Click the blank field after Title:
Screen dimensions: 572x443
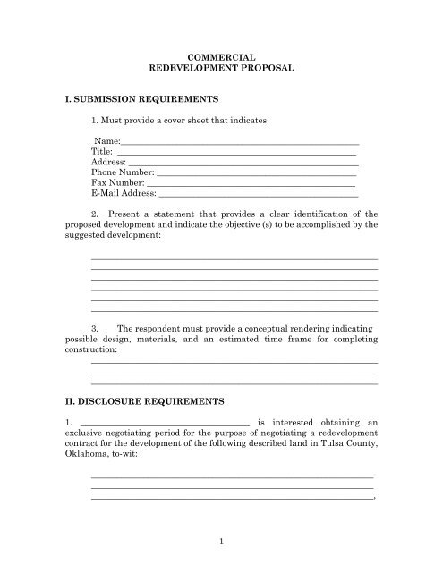(x=237, y=152)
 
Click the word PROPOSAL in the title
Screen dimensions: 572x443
(x=268, y=67)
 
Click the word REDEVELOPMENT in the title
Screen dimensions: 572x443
(x=192, y=67)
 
